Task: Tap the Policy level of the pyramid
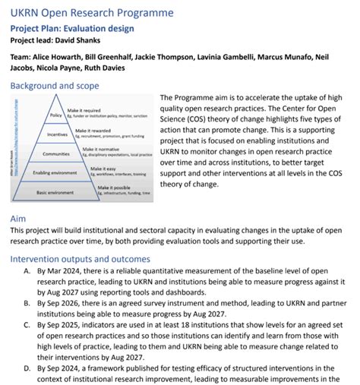point(55,115)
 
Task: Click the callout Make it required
point(85,110)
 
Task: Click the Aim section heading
point(18,218)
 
